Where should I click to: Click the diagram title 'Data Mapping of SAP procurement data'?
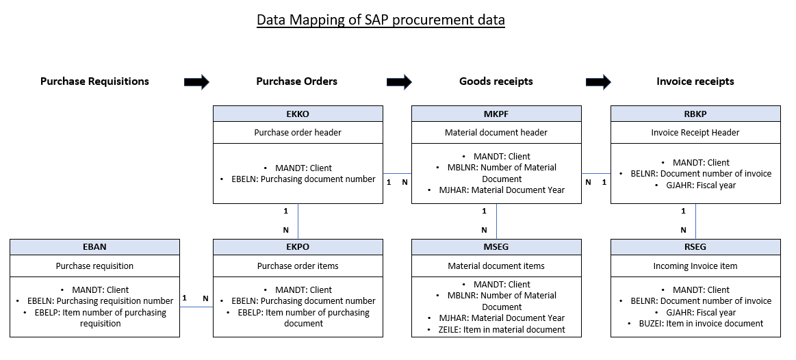click(x=381, y=20)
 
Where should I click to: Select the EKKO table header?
click(x=298, y=114)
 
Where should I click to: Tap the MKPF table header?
click(x=496, y=114)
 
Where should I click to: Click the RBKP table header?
click(x=695, y=114)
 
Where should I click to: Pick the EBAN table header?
click(x=94, y=247)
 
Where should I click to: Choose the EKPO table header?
click(x=298, y=247)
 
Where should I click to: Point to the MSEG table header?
click(x=496, y=247)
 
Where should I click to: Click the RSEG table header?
click(x=695, y=247)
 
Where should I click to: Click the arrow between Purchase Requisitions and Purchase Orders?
click(x=196, y=81)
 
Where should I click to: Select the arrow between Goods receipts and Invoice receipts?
click(x=598, y=81)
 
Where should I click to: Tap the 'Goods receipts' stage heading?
click(x=496, y=81)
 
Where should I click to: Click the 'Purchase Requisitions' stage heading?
click(x=94, y=81)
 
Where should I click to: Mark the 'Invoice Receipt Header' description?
click(x=695, y=133)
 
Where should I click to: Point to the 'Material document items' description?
click(x=496, y=266)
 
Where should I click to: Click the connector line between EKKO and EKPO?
click(x=298, y=221)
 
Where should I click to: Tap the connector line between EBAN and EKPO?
click(x=196, y=307)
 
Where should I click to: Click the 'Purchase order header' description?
click(x=298, y=133)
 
